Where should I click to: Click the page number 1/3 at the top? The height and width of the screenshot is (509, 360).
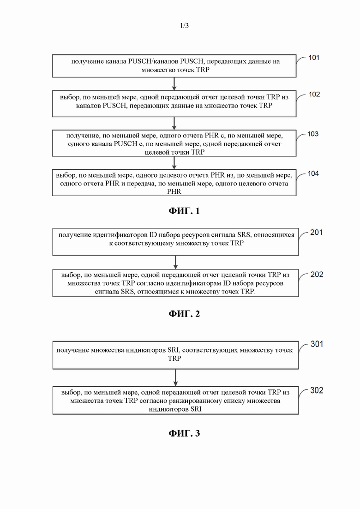pos(184,25)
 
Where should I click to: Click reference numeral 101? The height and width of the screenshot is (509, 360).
pos(314,58)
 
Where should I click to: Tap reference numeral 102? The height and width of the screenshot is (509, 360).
pos(314,94)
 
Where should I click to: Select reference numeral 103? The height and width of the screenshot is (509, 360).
pos(313,134)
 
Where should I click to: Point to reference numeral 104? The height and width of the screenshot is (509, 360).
pos(313,174)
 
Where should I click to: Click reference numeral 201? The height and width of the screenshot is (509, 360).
pos(317,233)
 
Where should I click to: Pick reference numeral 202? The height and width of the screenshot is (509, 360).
pos(317,275)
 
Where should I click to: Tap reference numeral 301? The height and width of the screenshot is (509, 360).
pos(317,344)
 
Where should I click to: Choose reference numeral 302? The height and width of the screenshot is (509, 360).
pos(317,390)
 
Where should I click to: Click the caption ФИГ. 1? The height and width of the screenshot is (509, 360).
pos(184,211)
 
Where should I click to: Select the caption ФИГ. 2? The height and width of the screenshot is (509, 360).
pos(184,314)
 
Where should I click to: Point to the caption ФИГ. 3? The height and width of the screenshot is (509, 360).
pos(184,433)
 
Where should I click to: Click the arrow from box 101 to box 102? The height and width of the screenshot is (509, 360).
pos(174,84)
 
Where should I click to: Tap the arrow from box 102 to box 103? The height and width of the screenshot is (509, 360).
pos(174,123)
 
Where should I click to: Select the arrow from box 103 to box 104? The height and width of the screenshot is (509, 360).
pos(174,162)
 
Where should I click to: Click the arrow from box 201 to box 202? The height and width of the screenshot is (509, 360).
pos(176,263)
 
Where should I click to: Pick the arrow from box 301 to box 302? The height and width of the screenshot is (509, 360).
pos(176,377)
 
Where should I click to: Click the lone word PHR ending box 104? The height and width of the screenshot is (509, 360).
pos(174,192)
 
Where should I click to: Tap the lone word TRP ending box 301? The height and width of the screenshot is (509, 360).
pos(174,359)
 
